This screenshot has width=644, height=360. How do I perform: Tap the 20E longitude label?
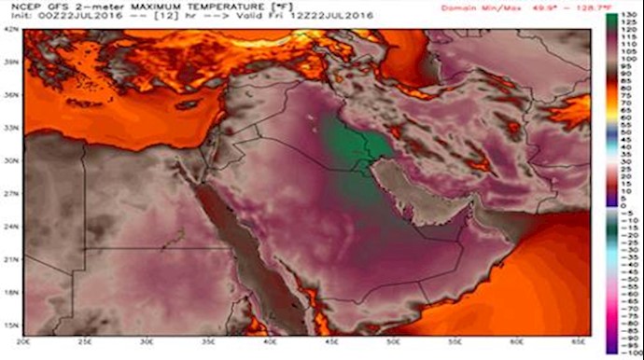[x=34, y=343]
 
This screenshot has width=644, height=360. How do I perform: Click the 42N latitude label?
[x=12, y=29]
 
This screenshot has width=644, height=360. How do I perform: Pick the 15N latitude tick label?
[x=12, y=325]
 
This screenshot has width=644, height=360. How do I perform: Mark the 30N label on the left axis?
[x=12, y=159]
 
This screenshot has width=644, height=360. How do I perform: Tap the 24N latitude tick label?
[x=12, y=226]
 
